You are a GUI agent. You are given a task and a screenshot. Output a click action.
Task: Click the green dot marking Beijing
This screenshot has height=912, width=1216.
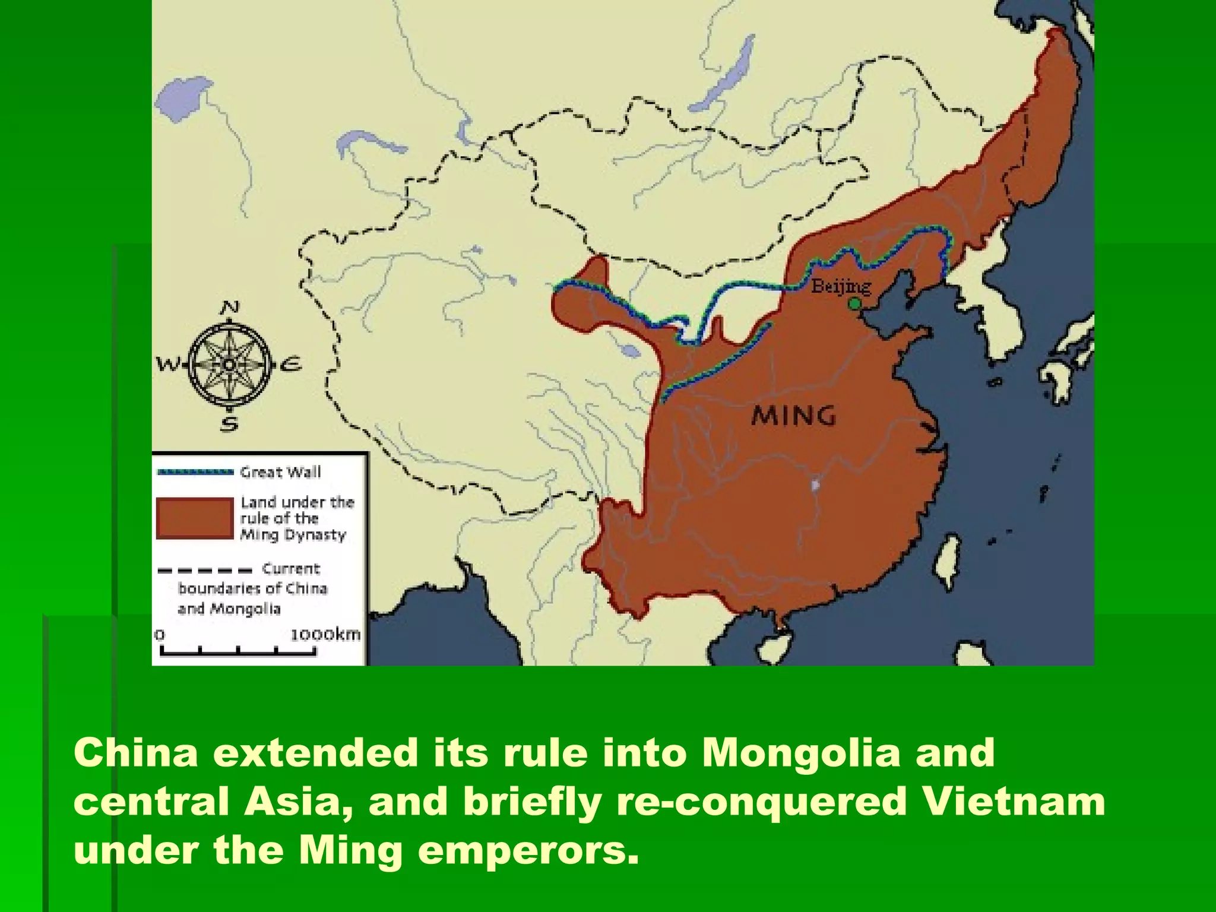pos(854,304)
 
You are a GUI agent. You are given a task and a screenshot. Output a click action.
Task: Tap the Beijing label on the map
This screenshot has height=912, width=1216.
pos(841,286)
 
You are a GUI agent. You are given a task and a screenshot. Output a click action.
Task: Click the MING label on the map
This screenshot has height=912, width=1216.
pos(793,416)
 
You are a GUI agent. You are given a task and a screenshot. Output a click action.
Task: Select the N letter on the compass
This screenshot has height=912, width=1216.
pos(230,308)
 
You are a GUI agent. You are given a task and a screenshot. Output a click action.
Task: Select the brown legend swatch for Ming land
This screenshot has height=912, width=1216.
pos(194,518)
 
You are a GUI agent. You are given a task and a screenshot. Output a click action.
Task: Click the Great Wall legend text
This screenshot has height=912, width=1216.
pos(280,472)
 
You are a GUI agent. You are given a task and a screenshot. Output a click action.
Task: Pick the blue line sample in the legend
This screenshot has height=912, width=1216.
pos(194,473)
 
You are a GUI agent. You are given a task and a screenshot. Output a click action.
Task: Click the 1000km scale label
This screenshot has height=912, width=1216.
pos(325,634)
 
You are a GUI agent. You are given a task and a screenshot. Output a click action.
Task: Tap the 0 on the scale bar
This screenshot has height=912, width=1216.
pos(159,634)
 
